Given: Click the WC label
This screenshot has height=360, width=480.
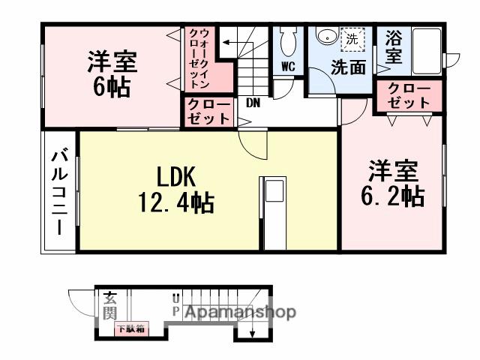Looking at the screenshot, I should coord(288,66).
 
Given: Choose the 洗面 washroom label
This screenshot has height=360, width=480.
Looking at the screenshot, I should coord(349,66).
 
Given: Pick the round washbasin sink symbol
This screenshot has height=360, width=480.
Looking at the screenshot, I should coord(325,37).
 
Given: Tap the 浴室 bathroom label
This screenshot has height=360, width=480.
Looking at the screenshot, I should coord(393,47).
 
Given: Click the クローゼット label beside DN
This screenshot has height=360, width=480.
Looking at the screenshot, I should coord(209,111).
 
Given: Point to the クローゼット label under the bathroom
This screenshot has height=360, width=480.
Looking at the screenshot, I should coord(409,96).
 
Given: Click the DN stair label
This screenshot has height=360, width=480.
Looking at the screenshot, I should coord(252,103).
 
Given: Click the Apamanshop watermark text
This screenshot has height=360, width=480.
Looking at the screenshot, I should coord(239,312).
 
